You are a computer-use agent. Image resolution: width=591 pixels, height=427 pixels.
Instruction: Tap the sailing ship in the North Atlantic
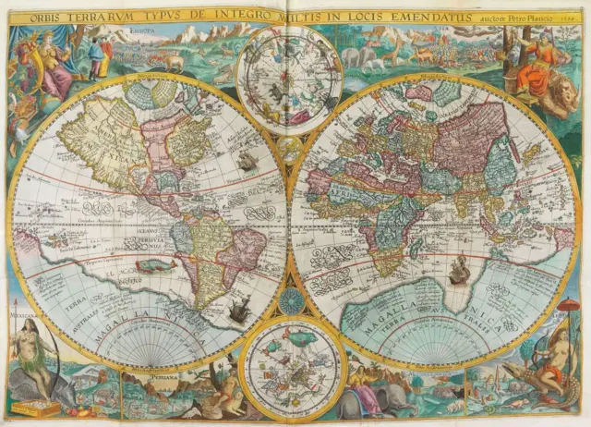pos(246,163)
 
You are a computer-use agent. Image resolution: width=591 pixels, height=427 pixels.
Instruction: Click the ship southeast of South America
pos(238,310)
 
